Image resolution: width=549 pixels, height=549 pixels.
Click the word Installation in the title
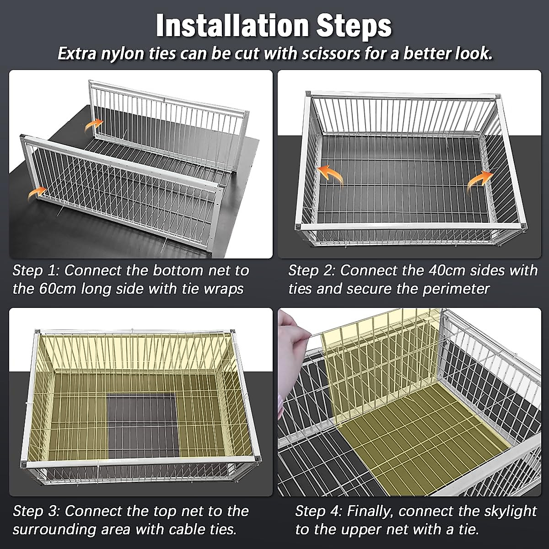233,26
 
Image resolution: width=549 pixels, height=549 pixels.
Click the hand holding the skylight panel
292,350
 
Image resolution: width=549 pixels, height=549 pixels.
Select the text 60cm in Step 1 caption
57,289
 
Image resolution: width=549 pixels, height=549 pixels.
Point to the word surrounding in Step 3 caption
57,530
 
